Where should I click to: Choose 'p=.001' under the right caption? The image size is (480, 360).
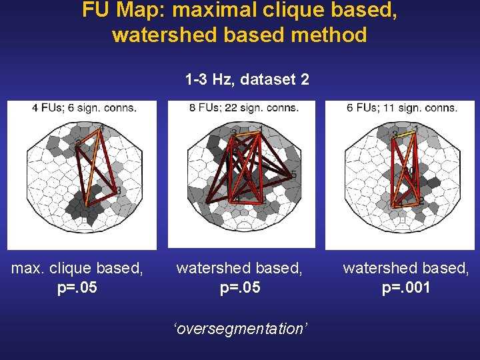[x=406, y=288]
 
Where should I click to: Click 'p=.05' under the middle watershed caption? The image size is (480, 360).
[x=239, y=288]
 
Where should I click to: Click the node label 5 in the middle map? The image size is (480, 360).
[x=293, y=175]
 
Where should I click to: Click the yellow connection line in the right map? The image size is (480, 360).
[x=407, y=133]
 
